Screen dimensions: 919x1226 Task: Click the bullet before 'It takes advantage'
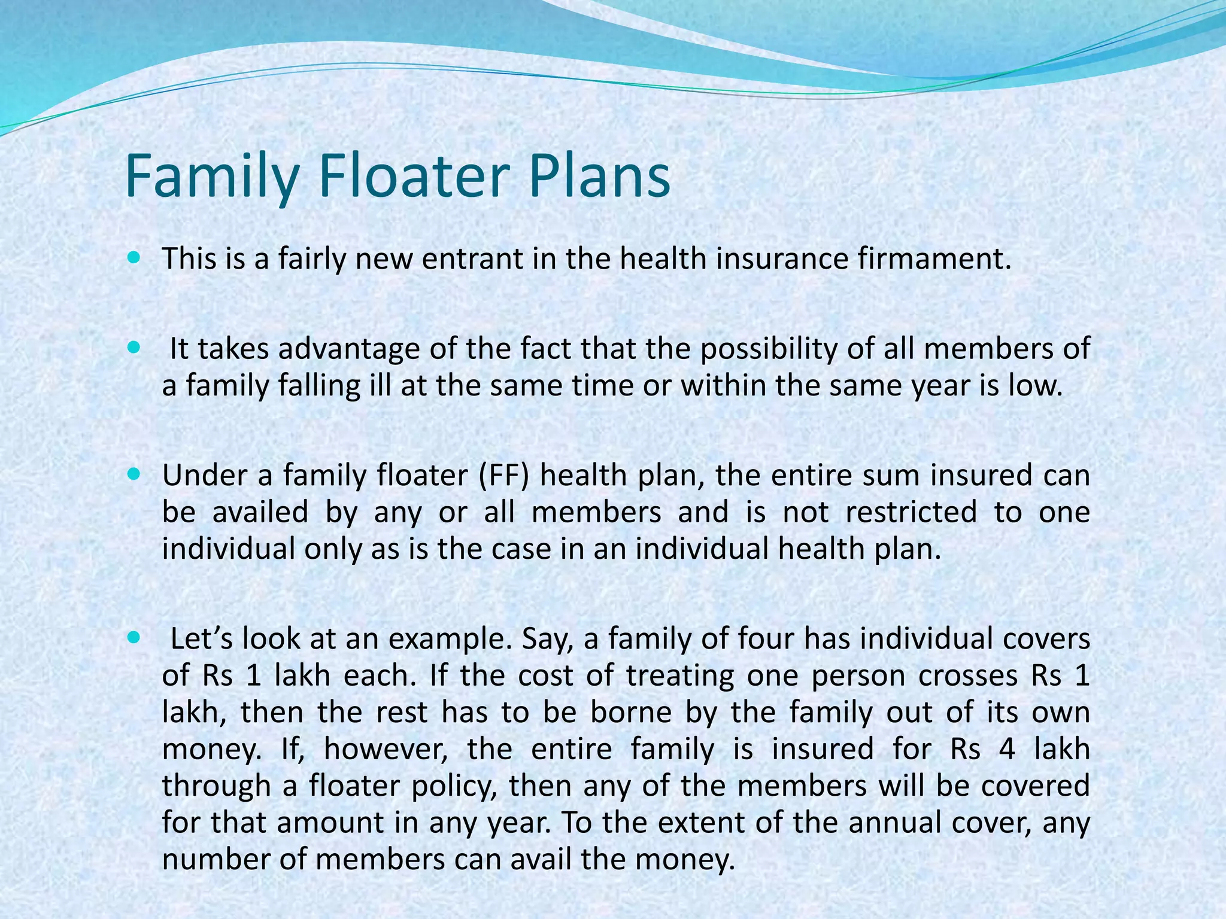pos(133,347)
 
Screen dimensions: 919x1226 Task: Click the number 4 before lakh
pos(1007,749)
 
